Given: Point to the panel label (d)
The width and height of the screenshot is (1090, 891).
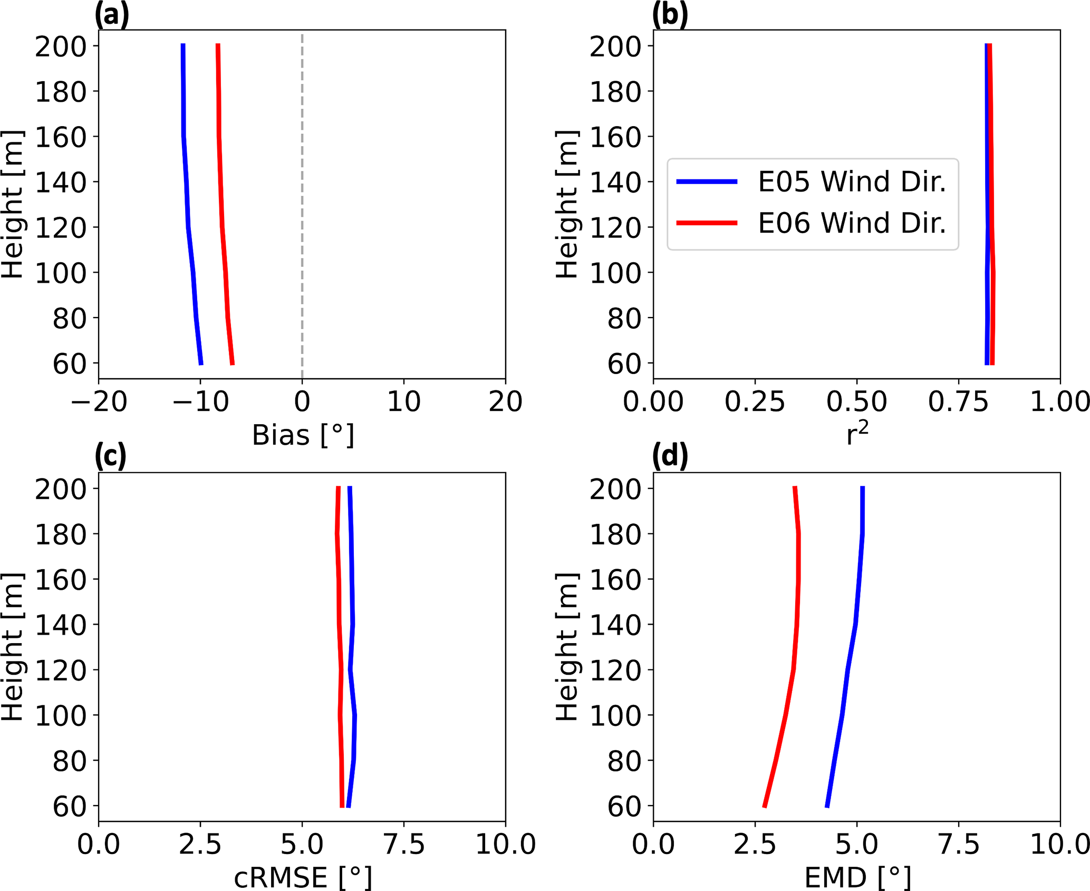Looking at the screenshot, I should [670, 456].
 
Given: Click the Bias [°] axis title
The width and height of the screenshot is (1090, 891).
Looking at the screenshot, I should [303, 436].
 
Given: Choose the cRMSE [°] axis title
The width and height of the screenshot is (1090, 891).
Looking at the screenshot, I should [303, 878].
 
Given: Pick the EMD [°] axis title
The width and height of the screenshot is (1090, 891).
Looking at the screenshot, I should [857, 878].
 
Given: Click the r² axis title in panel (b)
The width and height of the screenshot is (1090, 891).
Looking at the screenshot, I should [857, 435].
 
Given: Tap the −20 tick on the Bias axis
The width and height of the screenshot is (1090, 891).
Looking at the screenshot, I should [99, 402].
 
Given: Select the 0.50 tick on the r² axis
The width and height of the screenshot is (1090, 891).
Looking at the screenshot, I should [857, 402].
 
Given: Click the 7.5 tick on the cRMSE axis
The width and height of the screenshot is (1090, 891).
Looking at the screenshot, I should [404, 844].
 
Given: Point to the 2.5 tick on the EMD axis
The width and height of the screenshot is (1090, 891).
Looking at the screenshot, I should [755, 844].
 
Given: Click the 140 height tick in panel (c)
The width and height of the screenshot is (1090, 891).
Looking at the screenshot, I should [61, 625].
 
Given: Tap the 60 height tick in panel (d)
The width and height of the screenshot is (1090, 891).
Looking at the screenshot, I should [624, 807].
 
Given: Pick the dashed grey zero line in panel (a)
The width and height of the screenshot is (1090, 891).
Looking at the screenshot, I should [302, 211].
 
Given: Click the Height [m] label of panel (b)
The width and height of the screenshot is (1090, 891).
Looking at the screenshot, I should [567, 205].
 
